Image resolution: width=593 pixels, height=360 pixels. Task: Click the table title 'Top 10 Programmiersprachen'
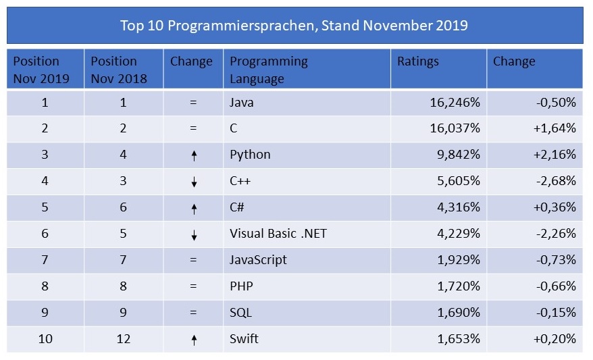(294, 26)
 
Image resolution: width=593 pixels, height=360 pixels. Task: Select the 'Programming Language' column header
(268, 70)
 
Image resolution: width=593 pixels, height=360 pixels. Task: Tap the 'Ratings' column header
(417, 61)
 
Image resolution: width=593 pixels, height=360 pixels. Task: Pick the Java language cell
(242, 103)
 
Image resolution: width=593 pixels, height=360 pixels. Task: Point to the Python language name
(250, 155)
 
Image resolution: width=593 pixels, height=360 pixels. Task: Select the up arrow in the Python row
(194, 156)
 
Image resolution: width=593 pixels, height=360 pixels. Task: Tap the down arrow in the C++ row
(194, 182)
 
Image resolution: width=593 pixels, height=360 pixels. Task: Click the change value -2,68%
(554, 181)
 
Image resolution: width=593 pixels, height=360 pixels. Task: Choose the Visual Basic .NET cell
(278, 234)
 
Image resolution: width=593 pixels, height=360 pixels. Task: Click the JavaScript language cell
(258, 260)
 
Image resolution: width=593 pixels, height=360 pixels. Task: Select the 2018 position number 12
(124, 339)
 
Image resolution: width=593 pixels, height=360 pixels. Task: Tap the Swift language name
(244, 339)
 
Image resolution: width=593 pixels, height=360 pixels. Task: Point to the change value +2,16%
(554, 155)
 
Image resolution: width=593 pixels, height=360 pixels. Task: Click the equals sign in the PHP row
(193, 286)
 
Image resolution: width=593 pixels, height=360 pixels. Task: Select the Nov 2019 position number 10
(45, 339)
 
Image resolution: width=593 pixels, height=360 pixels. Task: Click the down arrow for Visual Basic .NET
(194, 235)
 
